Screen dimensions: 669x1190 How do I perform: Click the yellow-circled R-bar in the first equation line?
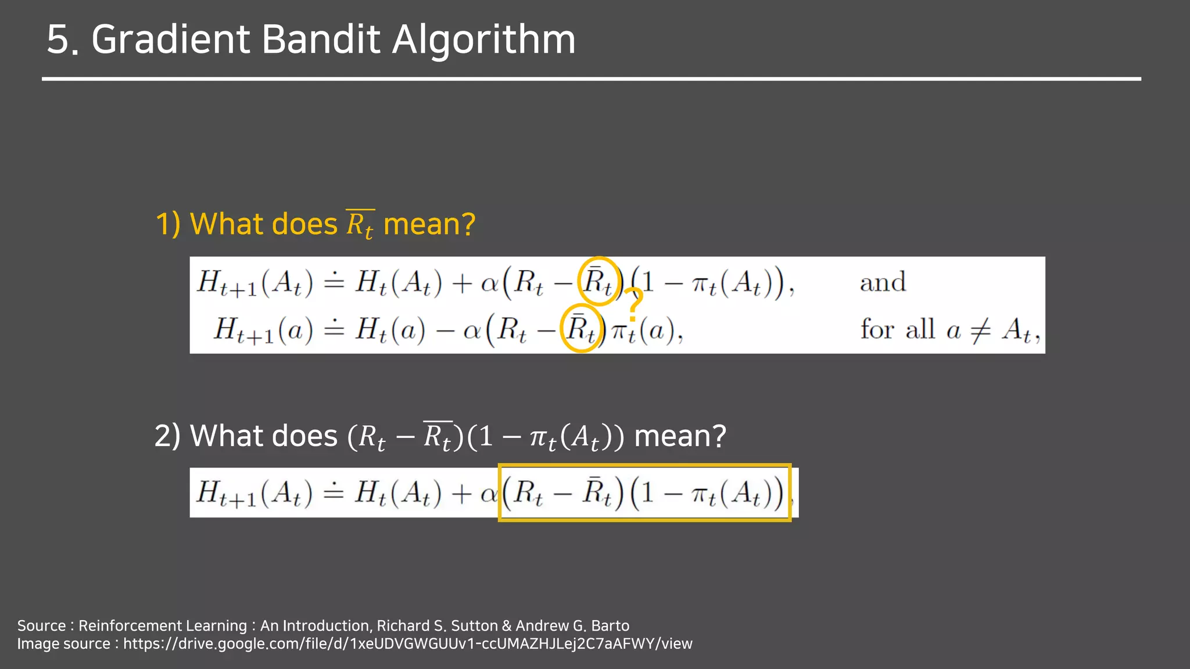[x=598, y=282]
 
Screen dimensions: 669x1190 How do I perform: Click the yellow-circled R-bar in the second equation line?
[x=581, y=329]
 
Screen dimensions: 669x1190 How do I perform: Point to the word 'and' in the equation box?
[x=883, y=283]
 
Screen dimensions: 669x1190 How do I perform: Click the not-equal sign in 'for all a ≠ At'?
[x=980, y=330]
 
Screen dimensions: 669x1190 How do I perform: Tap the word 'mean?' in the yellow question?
[x=429, y=224]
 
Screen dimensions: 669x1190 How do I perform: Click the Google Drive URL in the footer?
[x=407, y=643]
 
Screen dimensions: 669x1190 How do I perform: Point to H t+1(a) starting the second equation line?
[x=263, y=330]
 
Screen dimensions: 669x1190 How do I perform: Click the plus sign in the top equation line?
[x=461, y=283]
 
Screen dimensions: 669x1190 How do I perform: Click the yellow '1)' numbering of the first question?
[x=168, y=224]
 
